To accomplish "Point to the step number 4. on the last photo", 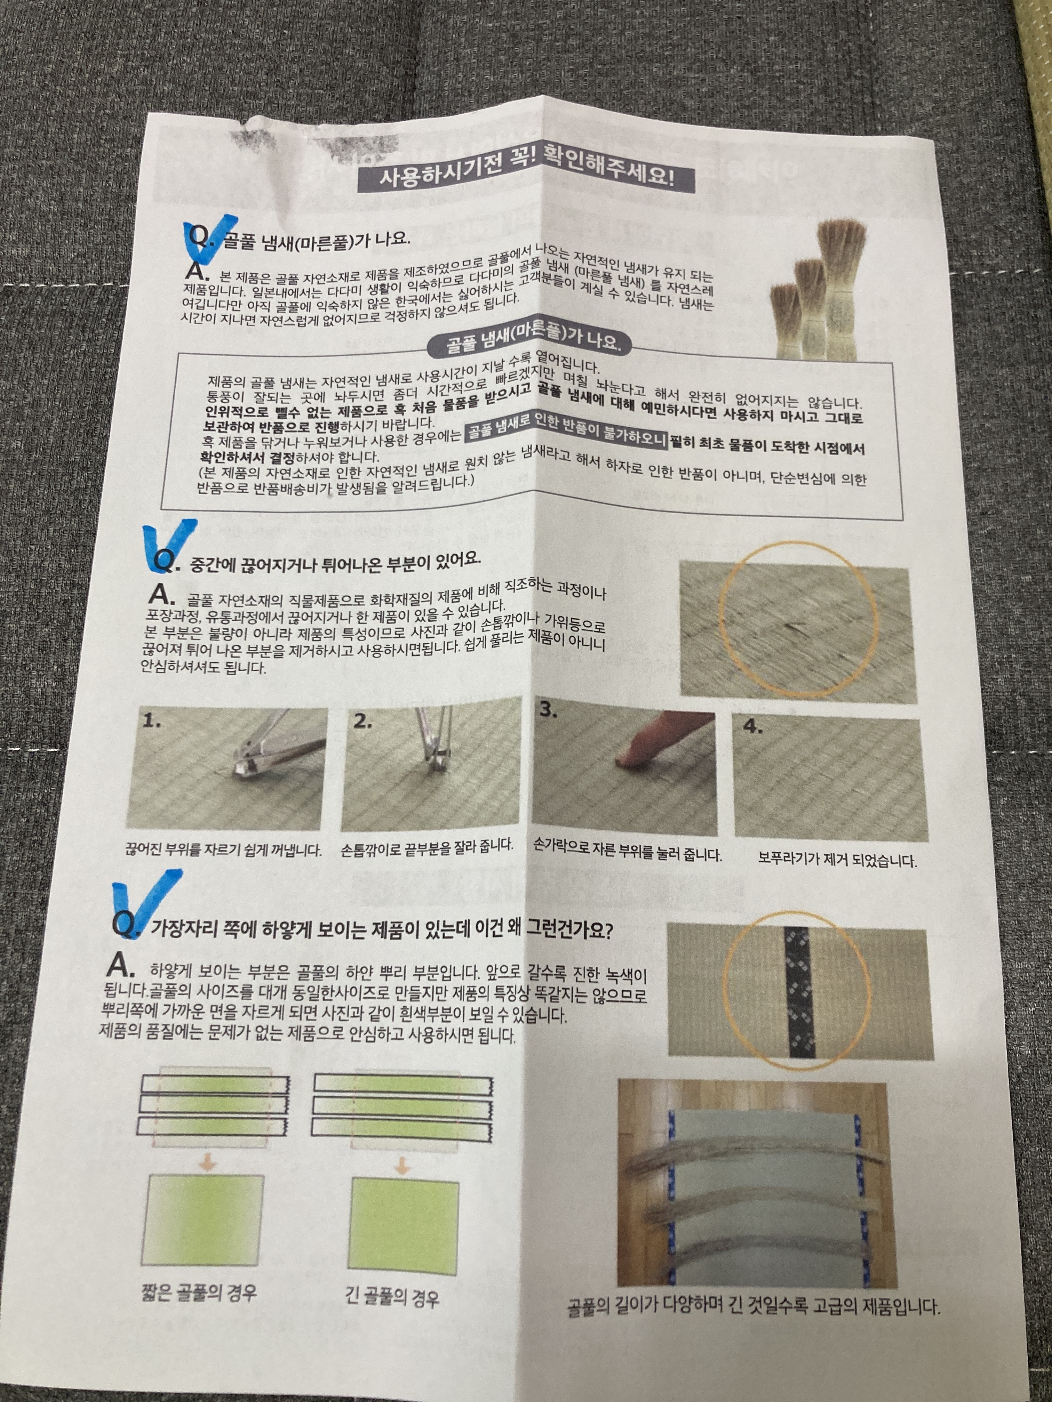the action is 753,727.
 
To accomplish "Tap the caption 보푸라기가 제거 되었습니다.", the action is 837,860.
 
